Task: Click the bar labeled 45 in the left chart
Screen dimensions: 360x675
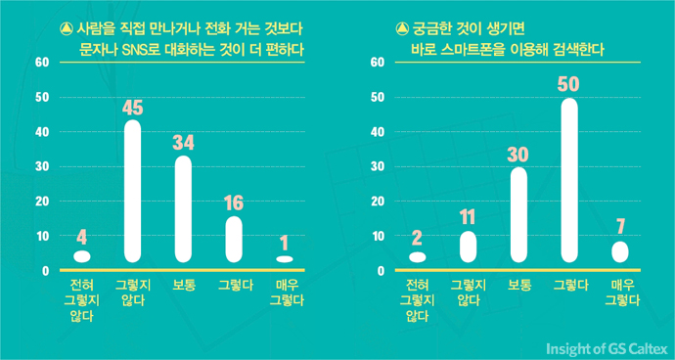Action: pyautogui.click(x=132, y=191)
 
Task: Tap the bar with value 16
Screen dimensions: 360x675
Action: pyautogui.click(x=234, y=239)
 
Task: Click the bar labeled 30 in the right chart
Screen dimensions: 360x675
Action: pyautogui.click(x=518, y=214)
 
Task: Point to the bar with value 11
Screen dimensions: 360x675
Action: pyautogui.click(x=468, y=246)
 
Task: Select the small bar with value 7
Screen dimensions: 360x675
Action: pyautogui.click(x=619, y=251)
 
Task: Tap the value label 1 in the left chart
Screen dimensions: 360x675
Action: pyautogui.click(x=284, y=242)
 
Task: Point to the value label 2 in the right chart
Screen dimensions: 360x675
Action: pyautogui.click(x=418, y=239)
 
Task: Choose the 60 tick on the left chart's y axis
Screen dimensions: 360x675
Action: pyautogui.click(x=41, y=63)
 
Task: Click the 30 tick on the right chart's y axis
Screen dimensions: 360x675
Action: pyautogui.click(x=377, y=166)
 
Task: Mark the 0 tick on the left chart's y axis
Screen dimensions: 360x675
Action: pyautogui.click(x=45, y=271)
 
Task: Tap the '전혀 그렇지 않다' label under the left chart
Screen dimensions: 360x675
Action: pyautogui.click(x=82, y=299)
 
